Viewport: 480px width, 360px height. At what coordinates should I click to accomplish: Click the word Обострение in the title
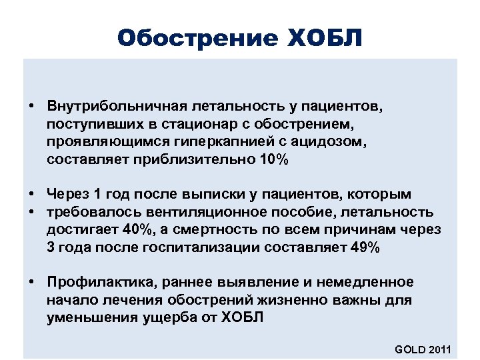[x=197, y=38]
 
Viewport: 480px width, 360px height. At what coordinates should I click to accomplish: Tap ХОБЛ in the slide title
[x=326, y=38]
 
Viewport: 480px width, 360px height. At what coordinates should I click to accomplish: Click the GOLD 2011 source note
[x=423, y=349]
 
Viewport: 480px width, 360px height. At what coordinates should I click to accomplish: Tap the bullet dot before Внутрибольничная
[x=31, y=106]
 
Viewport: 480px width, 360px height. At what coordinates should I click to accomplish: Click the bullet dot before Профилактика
[x=31, y=283]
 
